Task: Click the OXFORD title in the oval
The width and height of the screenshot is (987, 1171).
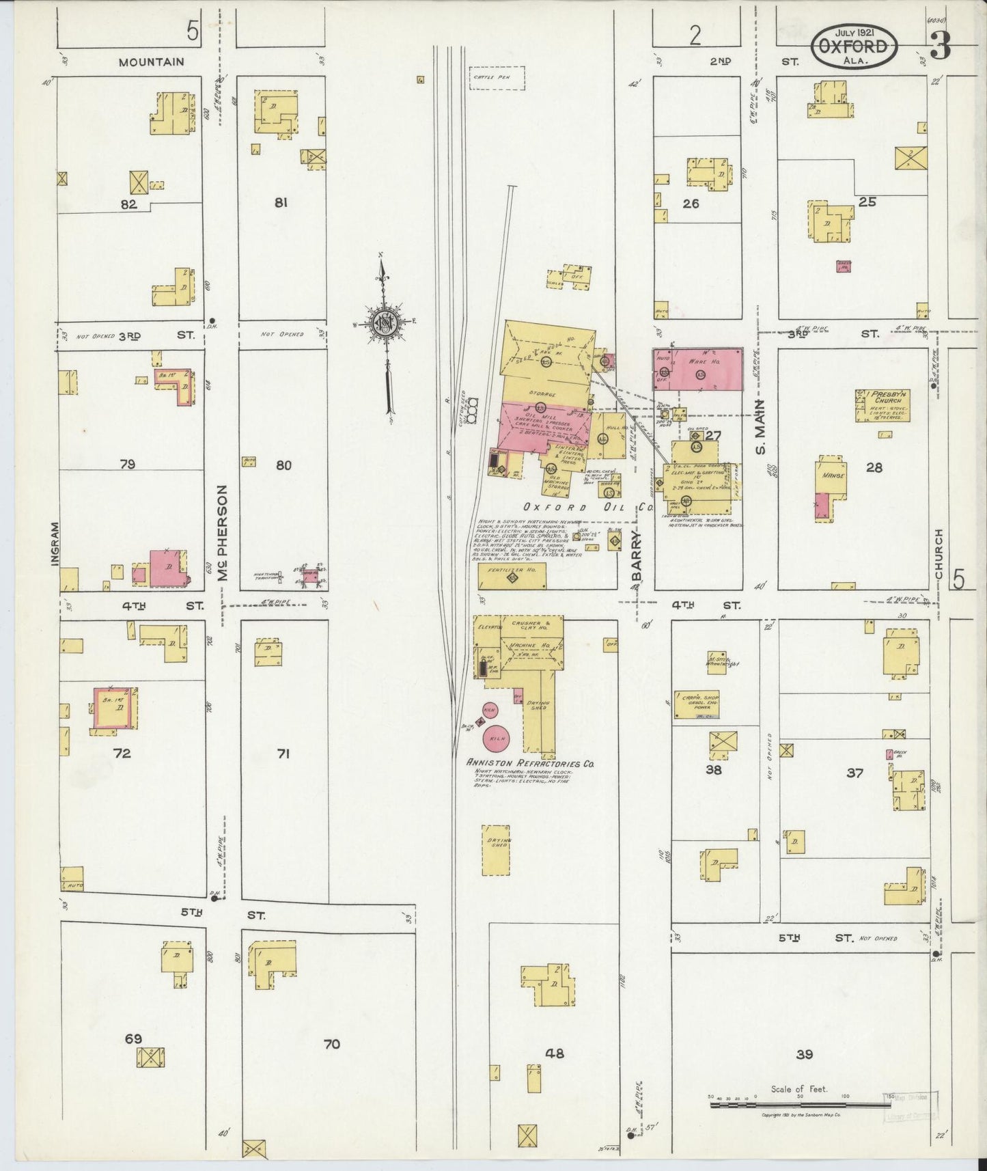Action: tap(854, 47)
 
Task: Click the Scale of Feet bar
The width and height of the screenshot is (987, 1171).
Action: tap(800, 1103)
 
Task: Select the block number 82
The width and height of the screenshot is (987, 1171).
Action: tap(128, 204)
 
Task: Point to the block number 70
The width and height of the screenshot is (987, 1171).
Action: tap(331, 1044)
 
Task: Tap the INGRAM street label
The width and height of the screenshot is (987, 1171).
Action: tap(55, 543)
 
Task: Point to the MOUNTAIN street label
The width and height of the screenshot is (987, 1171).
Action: tap(151, 61)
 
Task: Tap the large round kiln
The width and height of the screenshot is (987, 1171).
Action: tap(499, 738)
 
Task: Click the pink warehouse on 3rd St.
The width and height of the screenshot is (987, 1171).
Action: tap(698, 368)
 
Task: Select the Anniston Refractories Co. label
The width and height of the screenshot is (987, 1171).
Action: tap(530, 762)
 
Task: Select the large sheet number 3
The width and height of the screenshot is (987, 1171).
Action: tap(940, 47)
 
